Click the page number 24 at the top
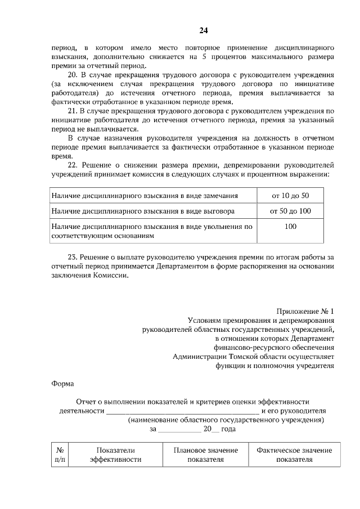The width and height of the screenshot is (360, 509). pyautogui.click(x=204, y=30)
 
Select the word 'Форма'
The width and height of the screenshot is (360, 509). pyautogui.click(x=62, y=384)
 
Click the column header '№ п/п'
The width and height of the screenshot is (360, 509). pyautogui.click(x=60, y=454)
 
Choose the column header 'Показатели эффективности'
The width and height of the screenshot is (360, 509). pyautogui.click(x=116, y=454)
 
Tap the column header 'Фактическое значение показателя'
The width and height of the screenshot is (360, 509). pyautogui.click(x=294, y=454)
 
